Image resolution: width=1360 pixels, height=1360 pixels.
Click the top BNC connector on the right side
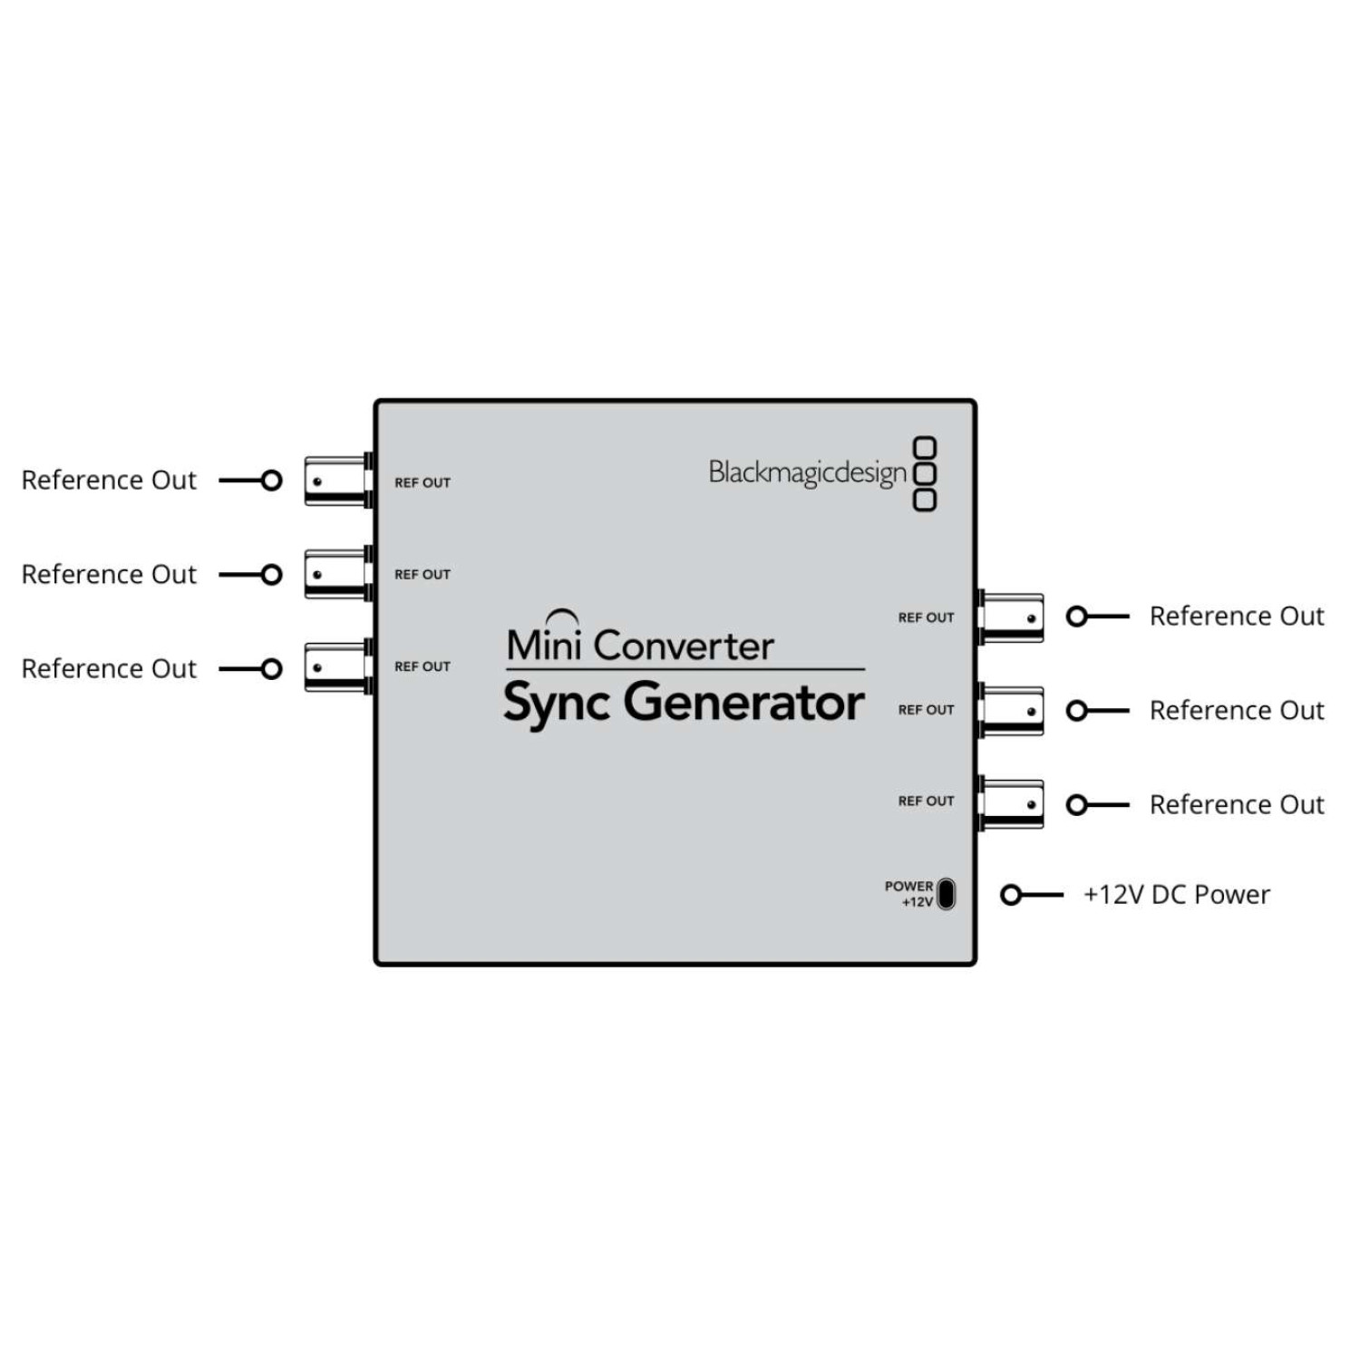click(1012, 618)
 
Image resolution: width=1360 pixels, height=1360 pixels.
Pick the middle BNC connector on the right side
click(1012, 711)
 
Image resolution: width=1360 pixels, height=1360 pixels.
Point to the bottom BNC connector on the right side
click(1012, 804)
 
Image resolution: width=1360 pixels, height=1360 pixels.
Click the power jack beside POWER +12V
click(946, 894)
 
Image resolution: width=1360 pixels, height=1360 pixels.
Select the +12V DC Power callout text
click(1176, 895)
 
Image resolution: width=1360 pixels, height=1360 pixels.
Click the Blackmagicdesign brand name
click(807, 472)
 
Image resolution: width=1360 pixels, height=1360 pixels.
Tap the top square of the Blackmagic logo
click(924, 448)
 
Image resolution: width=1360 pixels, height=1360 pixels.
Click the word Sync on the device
click(556, 704)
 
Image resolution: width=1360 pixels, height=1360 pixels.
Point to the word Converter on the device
click(685, 646)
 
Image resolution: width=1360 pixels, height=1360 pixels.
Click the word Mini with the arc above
click(544, 643)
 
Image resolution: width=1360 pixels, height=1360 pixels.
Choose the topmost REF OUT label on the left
click(423, 482)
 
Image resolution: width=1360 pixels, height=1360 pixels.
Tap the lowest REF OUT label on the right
click(926, 801)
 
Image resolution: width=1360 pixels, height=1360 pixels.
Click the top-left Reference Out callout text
click(109, 480)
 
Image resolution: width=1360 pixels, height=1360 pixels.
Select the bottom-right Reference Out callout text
click(1237, 804)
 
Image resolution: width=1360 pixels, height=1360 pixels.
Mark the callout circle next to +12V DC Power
click(1011, 895)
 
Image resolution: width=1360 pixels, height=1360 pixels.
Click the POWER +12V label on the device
click(908, 893)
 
